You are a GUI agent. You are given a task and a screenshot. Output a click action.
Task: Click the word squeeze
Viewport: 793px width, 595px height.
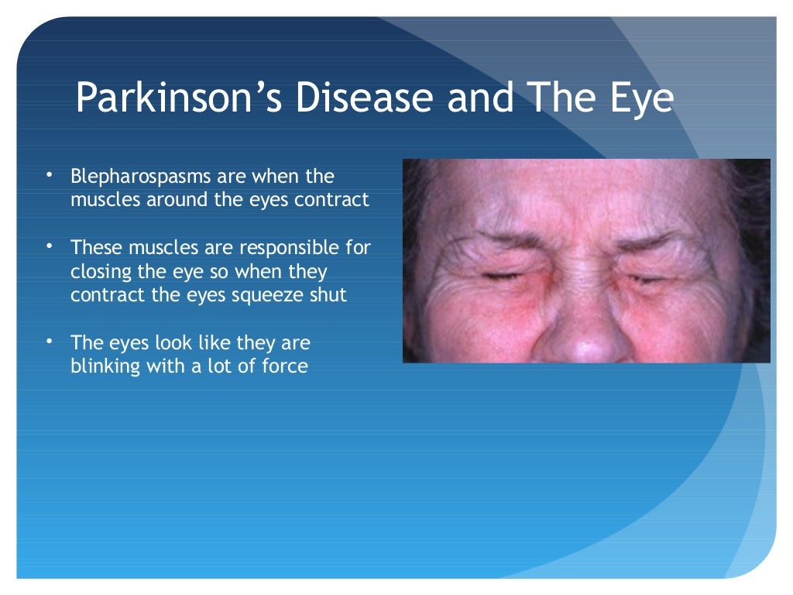(x=265, y=296)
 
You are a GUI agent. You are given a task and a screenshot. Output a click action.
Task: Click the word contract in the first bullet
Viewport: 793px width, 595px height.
(x=335, y=199)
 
